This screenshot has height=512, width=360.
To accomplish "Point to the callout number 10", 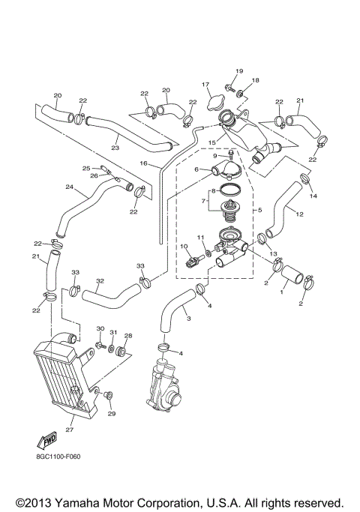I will point(183,247).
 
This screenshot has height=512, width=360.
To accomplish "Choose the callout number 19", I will point(240,71).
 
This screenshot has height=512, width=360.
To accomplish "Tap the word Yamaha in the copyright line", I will point(75,502).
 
